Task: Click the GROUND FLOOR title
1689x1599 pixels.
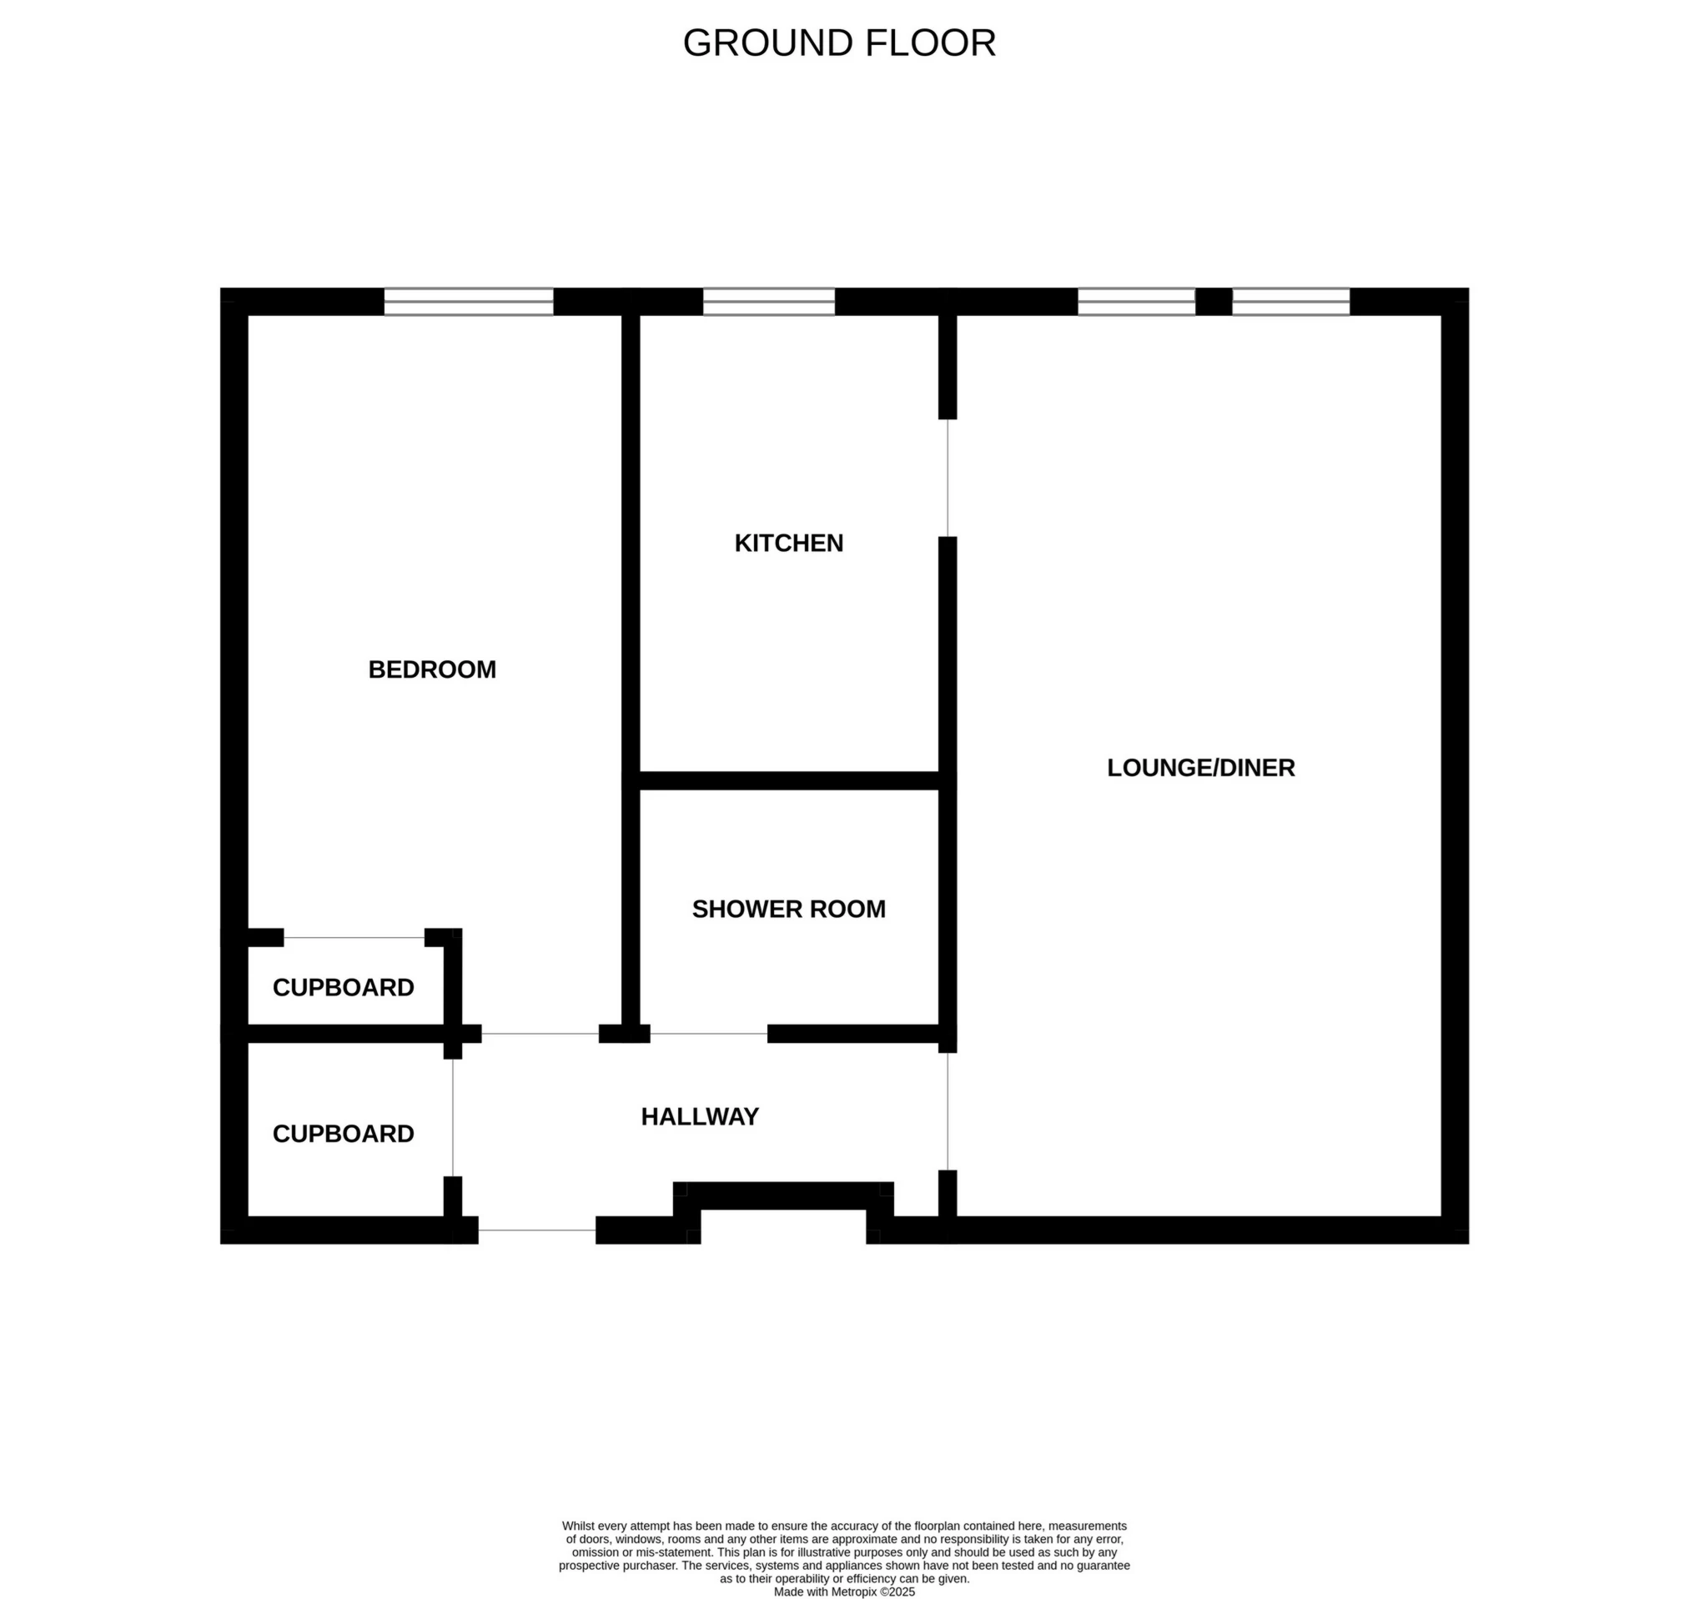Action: click(x=839, y=43)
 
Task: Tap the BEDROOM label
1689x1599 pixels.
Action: click(x=431, y=669)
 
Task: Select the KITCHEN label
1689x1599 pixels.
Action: click(x=789, y=543)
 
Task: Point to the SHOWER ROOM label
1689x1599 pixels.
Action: click(x=789, y=909)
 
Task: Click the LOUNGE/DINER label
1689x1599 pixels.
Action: click(x=1200, y=767)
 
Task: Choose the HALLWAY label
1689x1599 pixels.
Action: click(x=699, y=1115)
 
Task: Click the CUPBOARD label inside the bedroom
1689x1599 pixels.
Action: click(x=343, y=987)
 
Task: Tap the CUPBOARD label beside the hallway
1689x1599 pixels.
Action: click(x=343, y=1133)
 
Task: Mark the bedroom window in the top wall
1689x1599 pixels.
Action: click(x=468, y=302)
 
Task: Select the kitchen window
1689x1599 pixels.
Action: click(x=768, y=302)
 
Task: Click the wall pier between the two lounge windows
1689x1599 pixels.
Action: click(x=1214, y=302)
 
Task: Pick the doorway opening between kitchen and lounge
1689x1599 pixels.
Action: click(x=948, y=478)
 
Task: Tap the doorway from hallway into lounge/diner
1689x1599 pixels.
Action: click(x=948, y=1110)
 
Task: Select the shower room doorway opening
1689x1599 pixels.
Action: click(x=708, y=1034)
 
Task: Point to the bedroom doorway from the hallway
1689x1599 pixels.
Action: click(x=540, y=1034)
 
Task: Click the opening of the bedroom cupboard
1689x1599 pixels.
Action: click(x=354, y=938)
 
